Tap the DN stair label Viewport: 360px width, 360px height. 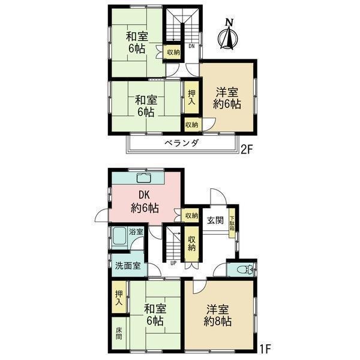(x=191, y=46)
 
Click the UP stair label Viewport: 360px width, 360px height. (x=173, y=263)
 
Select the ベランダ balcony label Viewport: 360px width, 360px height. (x=181, y=143)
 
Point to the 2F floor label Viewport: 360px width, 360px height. (x=247, y=150)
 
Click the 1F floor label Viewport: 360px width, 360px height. (x=265, y=349)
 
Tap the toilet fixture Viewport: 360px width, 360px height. (x=245, y=269)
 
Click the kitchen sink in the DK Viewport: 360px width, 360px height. (x=143, y=178)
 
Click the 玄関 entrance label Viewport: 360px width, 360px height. (x=215, y=221)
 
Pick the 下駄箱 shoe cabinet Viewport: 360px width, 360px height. (x=232, y=223)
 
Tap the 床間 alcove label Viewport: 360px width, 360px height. (x=119, y=334)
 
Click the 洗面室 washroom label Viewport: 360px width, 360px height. (x=128, y=266)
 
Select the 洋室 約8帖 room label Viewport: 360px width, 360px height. (x=217, y=315)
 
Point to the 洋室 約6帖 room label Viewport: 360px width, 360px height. (x=227, y=98)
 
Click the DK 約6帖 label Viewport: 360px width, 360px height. (x=145, y=202)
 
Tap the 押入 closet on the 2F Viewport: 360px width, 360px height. (x=192, y=98)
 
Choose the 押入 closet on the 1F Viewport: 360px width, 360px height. (x=119, y=298)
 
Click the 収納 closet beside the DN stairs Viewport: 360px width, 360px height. (x=173, y=52)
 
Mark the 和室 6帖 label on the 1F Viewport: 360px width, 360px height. (x=155, y=315)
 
